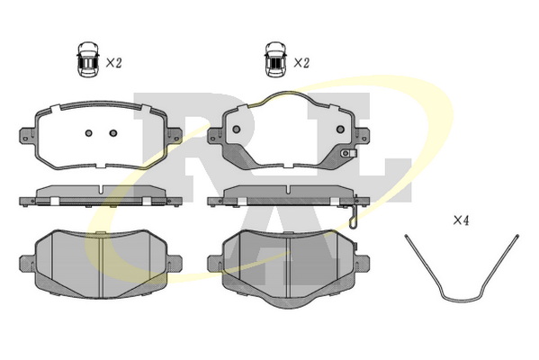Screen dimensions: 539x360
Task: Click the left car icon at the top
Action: (x=87, y=59)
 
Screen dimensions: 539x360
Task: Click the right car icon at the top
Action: (x=275, y=59)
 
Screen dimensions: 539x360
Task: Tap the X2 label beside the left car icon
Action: (x=113, y=63)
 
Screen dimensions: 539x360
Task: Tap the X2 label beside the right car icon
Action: (x=301, y=63)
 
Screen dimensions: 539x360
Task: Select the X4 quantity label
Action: (x=461, y=220)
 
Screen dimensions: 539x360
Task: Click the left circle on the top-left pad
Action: (x=89, y=133)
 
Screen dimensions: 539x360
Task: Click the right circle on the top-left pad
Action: (x=113, y=133)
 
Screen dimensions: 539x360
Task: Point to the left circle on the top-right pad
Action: (x=236, y=130)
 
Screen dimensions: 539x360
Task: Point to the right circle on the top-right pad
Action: (x=340, y=130)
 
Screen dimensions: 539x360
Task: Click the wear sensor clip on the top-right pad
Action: (x=348, y=153)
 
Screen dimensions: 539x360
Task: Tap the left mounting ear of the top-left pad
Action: (x=27, y=135)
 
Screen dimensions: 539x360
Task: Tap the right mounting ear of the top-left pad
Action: (x=175, y=135)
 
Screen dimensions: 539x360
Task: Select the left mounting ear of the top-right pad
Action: (x=215, y=135)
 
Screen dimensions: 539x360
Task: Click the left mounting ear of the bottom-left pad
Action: (x=27, y=264)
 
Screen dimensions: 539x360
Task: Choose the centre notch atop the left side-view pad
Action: (x=101, y=190)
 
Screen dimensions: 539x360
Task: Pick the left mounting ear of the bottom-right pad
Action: (x=215, y=264)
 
